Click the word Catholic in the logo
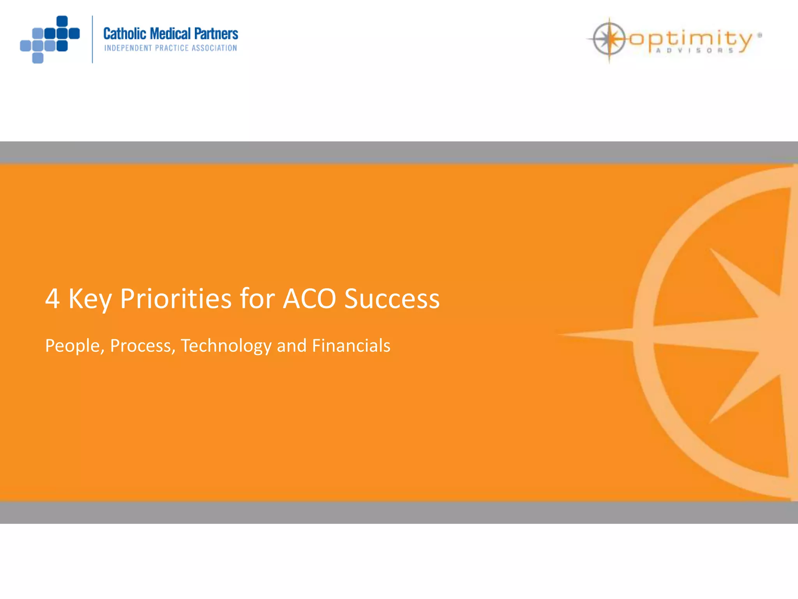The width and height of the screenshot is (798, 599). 125,34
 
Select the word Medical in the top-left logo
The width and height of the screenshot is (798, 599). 170,34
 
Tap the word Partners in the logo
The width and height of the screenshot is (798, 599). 216,34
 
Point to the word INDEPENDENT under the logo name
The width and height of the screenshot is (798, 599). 128,48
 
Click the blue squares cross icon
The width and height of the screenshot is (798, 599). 50,39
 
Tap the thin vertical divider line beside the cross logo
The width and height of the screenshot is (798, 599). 92,39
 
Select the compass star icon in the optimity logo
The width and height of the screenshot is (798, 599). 609,39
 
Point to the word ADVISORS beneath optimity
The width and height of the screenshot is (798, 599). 695,51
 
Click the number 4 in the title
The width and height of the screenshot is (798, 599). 53,299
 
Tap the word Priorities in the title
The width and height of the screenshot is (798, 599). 176,299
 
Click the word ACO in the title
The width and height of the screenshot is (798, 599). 309,299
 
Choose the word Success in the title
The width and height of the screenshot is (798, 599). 392,299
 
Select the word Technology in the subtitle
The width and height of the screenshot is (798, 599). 226,346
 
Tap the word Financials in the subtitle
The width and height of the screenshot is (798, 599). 351,346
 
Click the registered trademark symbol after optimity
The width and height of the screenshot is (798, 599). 759,35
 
